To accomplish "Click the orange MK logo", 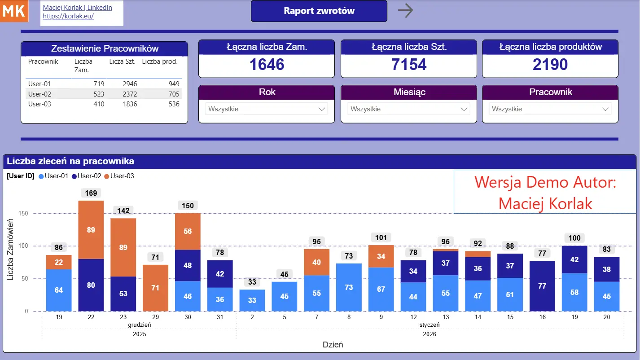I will click(x=14, y=11).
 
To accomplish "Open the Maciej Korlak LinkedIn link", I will click(x=77, y=8).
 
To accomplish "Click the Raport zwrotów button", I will click(x=319, y=11).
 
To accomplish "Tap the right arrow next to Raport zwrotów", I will click(x=405, y=10).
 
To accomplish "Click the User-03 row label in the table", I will click(x=39, y=104).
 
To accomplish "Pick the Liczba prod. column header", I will click(x=160, y=62).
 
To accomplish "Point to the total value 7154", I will click(x=408, y=65).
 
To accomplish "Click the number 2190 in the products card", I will click(x=550, y=65).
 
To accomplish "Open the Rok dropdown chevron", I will click(x=321, y=109).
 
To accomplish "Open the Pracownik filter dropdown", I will click(x=550, y=109).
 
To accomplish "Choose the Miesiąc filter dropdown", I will click(x=408, y=109).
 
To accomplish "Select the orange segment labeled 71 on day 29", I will click(x=155, y=288).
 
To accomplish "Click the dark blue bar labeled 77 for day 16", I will click(x=542, y=286).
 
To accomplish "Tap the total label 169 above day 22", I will click(x=91, y=193).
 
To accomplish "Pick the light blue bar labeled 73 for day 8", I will click(x=349, y=287).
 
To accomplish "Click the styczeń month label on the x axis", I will click(x=430, y=325).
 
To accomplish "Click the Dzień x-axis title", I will click(x=333, y=345).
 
